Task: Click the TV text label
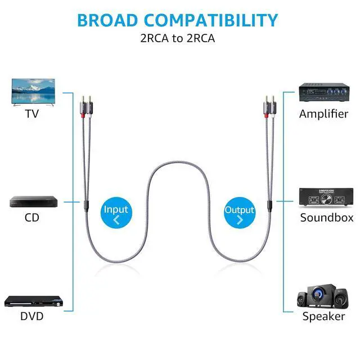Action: pos(32,114)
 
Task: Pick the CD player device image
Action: pos(33,201)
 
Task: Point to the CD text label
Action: pos(32,217)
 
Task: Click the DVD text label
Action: pos(32,316)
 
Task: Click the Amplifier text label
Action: pos(323,114)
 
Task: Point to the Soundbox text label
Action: pos(327,218)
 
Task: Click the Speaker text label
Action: pos(323,316)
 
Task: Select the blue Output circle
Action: pos(239,213)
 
